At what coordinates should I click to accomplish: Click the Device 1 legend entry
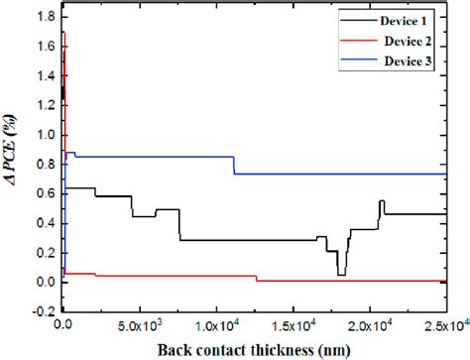(414, 20)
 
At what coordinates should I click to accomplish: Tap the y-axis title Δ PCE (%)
(13, 163)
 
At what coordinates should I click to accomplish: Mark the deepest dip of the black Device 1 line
(341, 274)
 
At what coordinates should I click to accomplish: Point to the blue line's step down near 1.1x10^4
(234, 166)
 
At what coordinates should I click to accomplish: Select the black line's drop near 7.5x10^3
(179, 225)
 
